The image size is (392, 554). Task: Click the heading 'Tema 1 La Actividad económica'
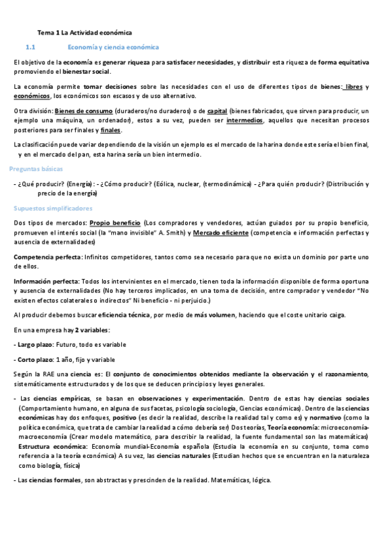point(84,32)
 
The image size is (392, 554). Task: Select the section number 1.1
point(29,48)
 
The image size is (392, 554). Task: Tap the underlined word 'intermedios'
point(245,120)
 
